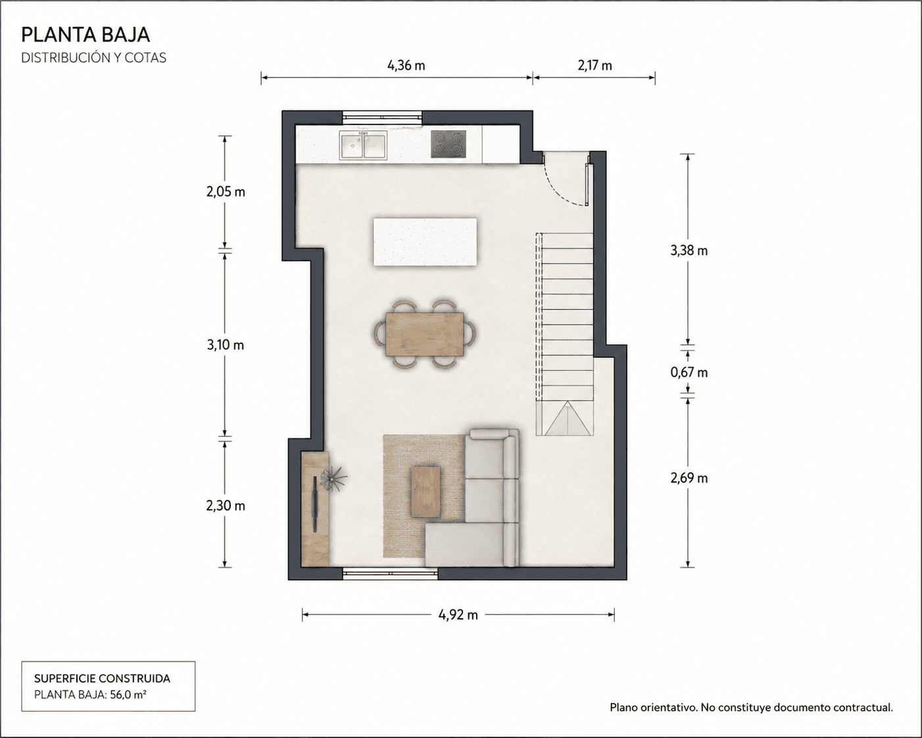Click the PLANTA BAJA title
[85, 35]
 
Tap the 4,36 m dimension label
[406, 66]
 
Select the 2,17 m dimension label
[594, 66]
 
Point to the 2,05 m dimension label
[226, 192]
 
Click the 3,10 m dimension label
[226, 345]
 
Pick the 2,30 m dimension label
[226, 506]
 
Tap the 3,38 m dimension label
[689, 251]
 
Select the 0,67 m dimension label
[689, 372]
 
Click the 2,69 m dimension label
[689, 478]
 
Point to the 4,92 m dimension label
[458, 615]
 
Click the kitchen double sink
[363, 145]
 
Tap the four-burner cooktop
[448, 144]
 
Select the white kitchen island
[425, 242]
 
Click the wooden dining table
[424, 334]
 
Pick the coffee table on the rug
[425, 492]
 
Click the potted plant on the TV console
[333, 478]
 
